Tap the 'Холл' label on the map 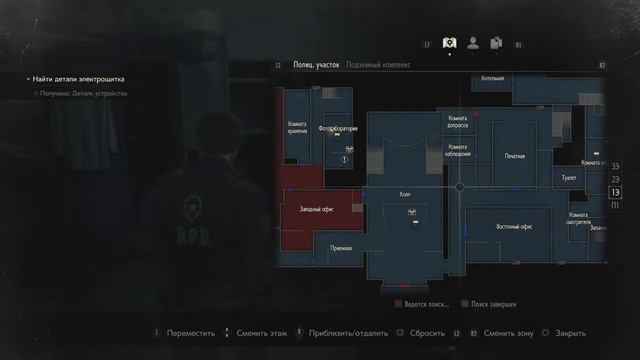point(405,195)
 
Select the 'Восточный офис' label point(513,227)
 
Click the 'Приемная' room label point(340,247)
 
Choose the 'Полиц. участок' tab point(314,64)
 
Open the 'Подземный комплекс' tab point(378,64)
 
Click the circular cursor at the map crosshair point(459,187)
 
